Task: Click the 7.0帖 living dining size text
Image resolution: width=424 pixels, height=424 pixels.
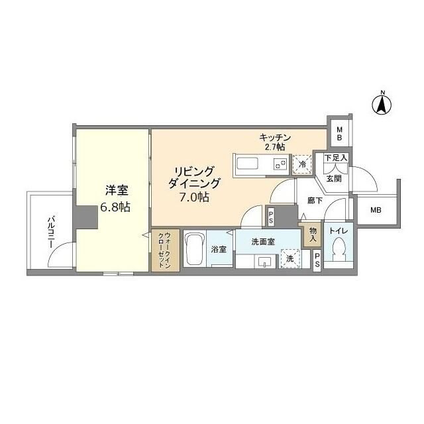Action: [195, 197]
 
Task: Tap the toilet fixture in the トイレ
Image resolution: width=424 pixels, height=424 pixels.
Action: [339, 252]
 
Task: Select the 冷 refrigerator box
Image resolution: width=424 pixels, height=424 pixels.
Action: [302, 164]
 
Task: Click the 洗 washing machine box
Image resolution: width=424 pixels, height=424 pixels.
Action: [290, 258]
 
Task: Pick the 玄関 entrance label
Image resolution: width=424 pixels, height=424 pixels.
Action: [333, 178]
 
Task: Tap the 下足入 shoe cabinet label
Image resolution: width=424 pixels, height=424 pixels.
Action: [336, 158]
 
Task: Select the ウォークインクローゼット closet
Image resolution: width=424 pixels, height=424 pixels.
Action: [160, 250]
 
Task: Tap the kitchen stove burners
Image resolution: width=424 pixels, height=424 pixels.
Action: [281, 163]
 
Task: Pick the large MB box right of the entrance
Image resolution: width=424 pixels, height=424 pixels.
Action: [376, 211]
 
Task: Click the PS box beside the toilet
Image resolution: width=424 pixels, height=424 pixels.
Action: [317, 262]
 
